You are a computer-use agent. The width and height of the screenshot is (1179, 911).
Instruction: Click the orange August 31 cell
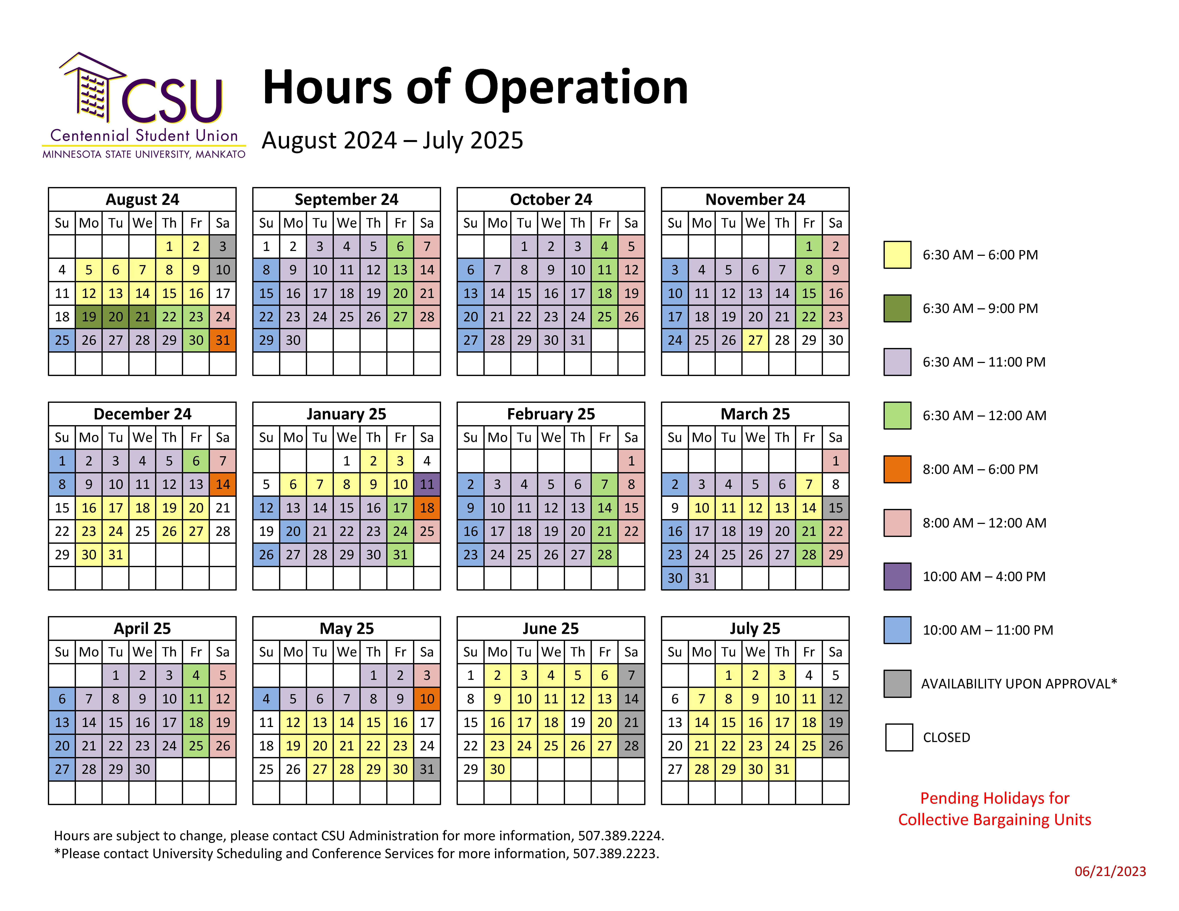tap(222, 340)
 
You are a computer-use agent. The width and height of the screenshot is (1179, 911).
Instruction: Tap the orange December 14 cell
tap(222, 484)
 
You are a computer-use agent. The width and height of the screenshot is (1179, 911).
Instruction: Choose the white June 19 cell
tap(578, 722)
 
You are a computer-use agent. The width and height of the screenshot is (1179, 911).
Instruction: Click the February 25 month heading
tap(551, 414)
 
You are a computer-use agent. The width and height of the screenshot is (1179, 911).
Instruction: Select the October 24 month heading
tap(551, 200)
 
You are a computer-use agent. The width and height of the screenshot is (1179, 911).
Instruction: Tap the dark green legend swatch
tap(897, 308)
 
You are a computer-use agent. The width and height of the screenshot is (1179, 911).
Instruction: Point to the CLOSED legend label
tap(946, 737)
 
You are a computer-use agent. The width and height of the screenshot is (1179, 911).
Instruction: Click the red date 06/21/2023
tap(1110, 872)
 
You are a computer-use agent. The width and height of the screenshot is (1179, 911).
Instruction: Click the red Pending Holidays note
tap(994, 808)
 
